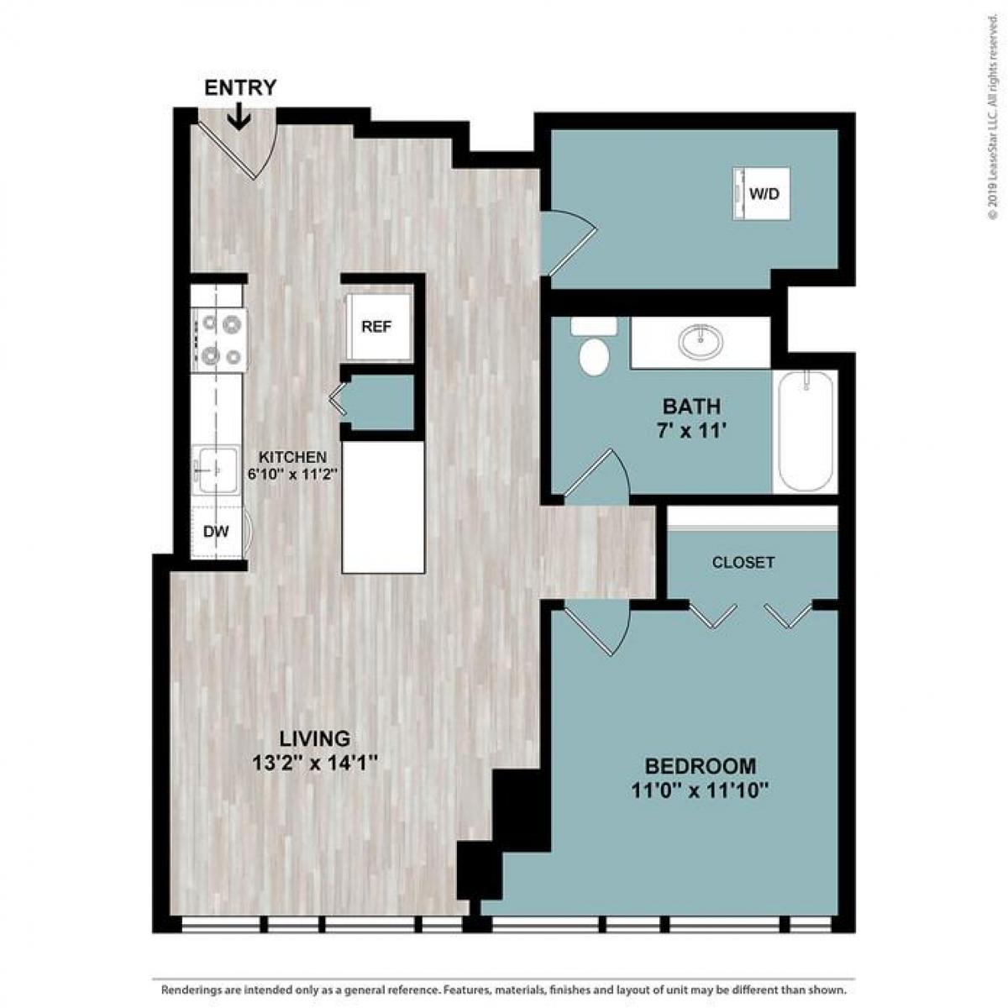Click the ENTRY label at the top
point(240,87)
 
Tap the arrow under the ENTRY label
point(239,116)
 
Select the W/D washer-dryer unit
point(763,194)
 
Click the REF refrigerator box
point(377,326)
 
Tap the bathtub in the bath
point(806,432)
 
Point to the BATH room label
point(691,407)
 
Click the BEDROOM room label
point(700,766)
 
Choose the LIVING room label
point(315,739)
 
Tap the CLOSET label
point(743,563)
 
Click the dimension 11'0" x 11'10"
point(700,790)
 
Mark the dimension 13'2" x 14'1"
point(315,764)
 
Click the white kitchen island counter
point(383,508)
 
